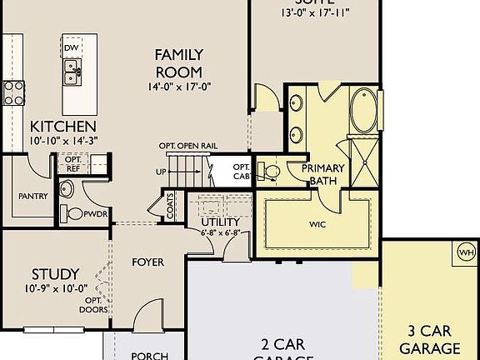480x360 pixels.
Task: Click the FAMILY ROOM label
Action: point(179,62)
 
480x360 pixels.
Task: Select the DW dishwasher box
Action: point(72,48)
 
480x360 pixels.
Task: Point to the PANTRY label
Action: point(32,197)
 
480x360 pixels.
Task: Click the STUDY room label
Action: point(56,273)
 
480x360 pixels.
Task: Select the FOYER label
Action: point(148,262)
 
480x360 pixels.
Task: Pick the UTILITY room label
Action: point(220,222)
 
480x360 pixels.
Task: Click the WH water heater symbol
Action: point(466,252)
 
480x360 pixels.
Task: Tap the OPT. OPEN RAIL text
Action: point(188,146)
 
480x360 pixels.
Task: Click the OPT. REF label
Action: point(72,163)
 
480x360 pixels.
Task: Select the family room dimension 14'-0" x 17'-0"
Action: point(179,85)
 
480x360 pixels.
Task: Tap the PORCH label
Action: point(150,355)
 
